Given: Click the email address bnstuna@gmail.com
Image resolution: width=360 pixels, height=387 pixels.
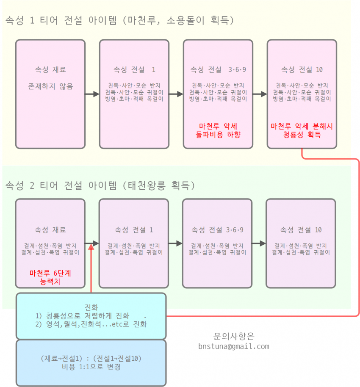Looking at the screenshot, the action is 234,346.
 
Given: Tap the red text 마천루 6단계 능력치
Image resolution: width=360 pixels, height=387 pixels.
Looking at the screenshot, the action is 50,277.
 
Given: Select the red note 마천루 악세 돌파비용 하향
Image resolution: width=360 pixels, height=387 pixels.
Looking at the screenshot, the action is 218,130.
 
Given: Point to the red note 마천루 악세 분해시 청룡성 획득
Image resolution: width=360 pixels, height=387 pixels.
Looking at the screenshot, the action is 302,130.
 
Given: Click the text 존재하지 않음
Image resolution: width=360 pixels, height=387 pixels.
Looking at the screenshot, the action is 50,86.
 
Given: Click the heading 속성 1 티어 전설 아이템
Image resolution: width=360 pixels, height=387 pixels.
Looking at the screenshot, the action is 61,20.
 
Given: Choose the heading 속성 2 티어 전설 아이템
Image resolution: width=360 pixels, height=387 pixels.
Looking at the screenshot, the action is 61,185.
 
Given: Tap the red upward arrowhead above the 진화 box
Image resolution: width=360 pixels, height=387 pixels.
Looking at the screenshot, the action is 91,247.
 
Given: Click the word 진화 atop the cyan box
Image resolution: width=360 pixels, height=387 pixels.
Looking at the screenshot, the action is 91,307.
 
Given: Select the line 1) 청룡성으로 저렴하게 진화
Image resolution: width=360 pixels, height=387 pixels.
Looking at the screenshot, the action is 82,315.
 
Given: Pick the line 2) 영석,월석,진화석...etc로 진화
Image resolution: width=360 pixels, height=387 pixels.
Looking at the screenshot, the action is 91,324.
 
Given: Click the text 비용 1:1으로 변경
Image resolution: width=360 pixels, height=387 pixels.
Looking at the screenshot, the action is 91,367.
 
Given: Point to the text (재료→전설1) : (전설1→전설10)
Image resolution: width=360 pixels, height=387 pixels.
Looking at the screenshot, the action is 91,358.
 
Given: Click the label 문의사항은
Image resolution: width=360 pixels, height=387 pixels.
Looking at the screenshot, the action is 234,336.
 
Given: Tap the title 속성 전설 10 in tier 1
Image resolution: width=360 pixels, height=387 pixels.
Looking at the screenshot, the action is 302,69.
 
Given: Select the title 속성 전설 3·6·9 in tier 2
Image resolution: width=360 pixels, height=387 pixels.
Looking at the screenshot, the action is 217,230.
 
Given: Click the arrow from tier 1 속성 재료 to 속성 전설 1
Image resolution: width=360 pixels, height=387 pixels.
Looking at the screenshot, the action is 92,94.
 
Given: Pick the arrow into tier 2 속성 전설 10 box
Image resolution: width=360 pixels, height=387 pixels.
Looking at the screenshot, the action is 259,243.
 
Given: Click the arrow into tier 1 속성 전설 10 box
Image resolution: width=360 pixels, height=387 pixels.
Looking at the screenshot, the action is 260,94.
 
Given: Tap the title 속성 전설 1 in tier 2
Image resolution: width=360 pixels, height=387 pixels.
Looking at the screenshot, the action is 134,230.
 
